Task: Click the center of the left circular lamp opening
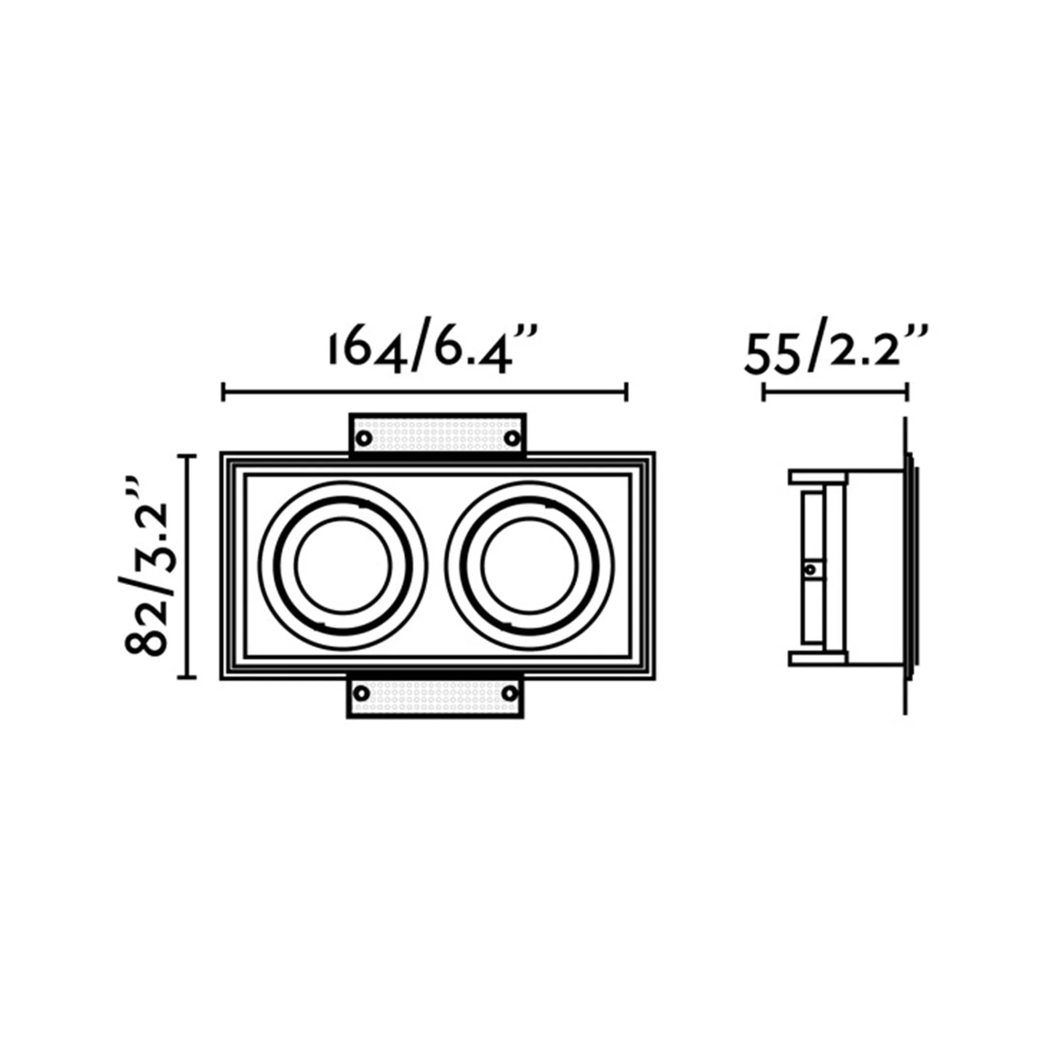click(343, 566)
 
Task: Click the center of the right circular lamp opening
click(529, 566)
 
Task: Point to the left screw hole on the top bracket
click(364, 437)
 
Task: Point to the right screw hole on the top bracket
click(512, 437)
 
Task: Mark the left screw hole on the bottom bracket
click(362, 693)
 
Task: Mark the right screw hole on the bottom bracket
click(510, 693)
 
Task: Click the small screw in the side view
click(811, 569)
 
